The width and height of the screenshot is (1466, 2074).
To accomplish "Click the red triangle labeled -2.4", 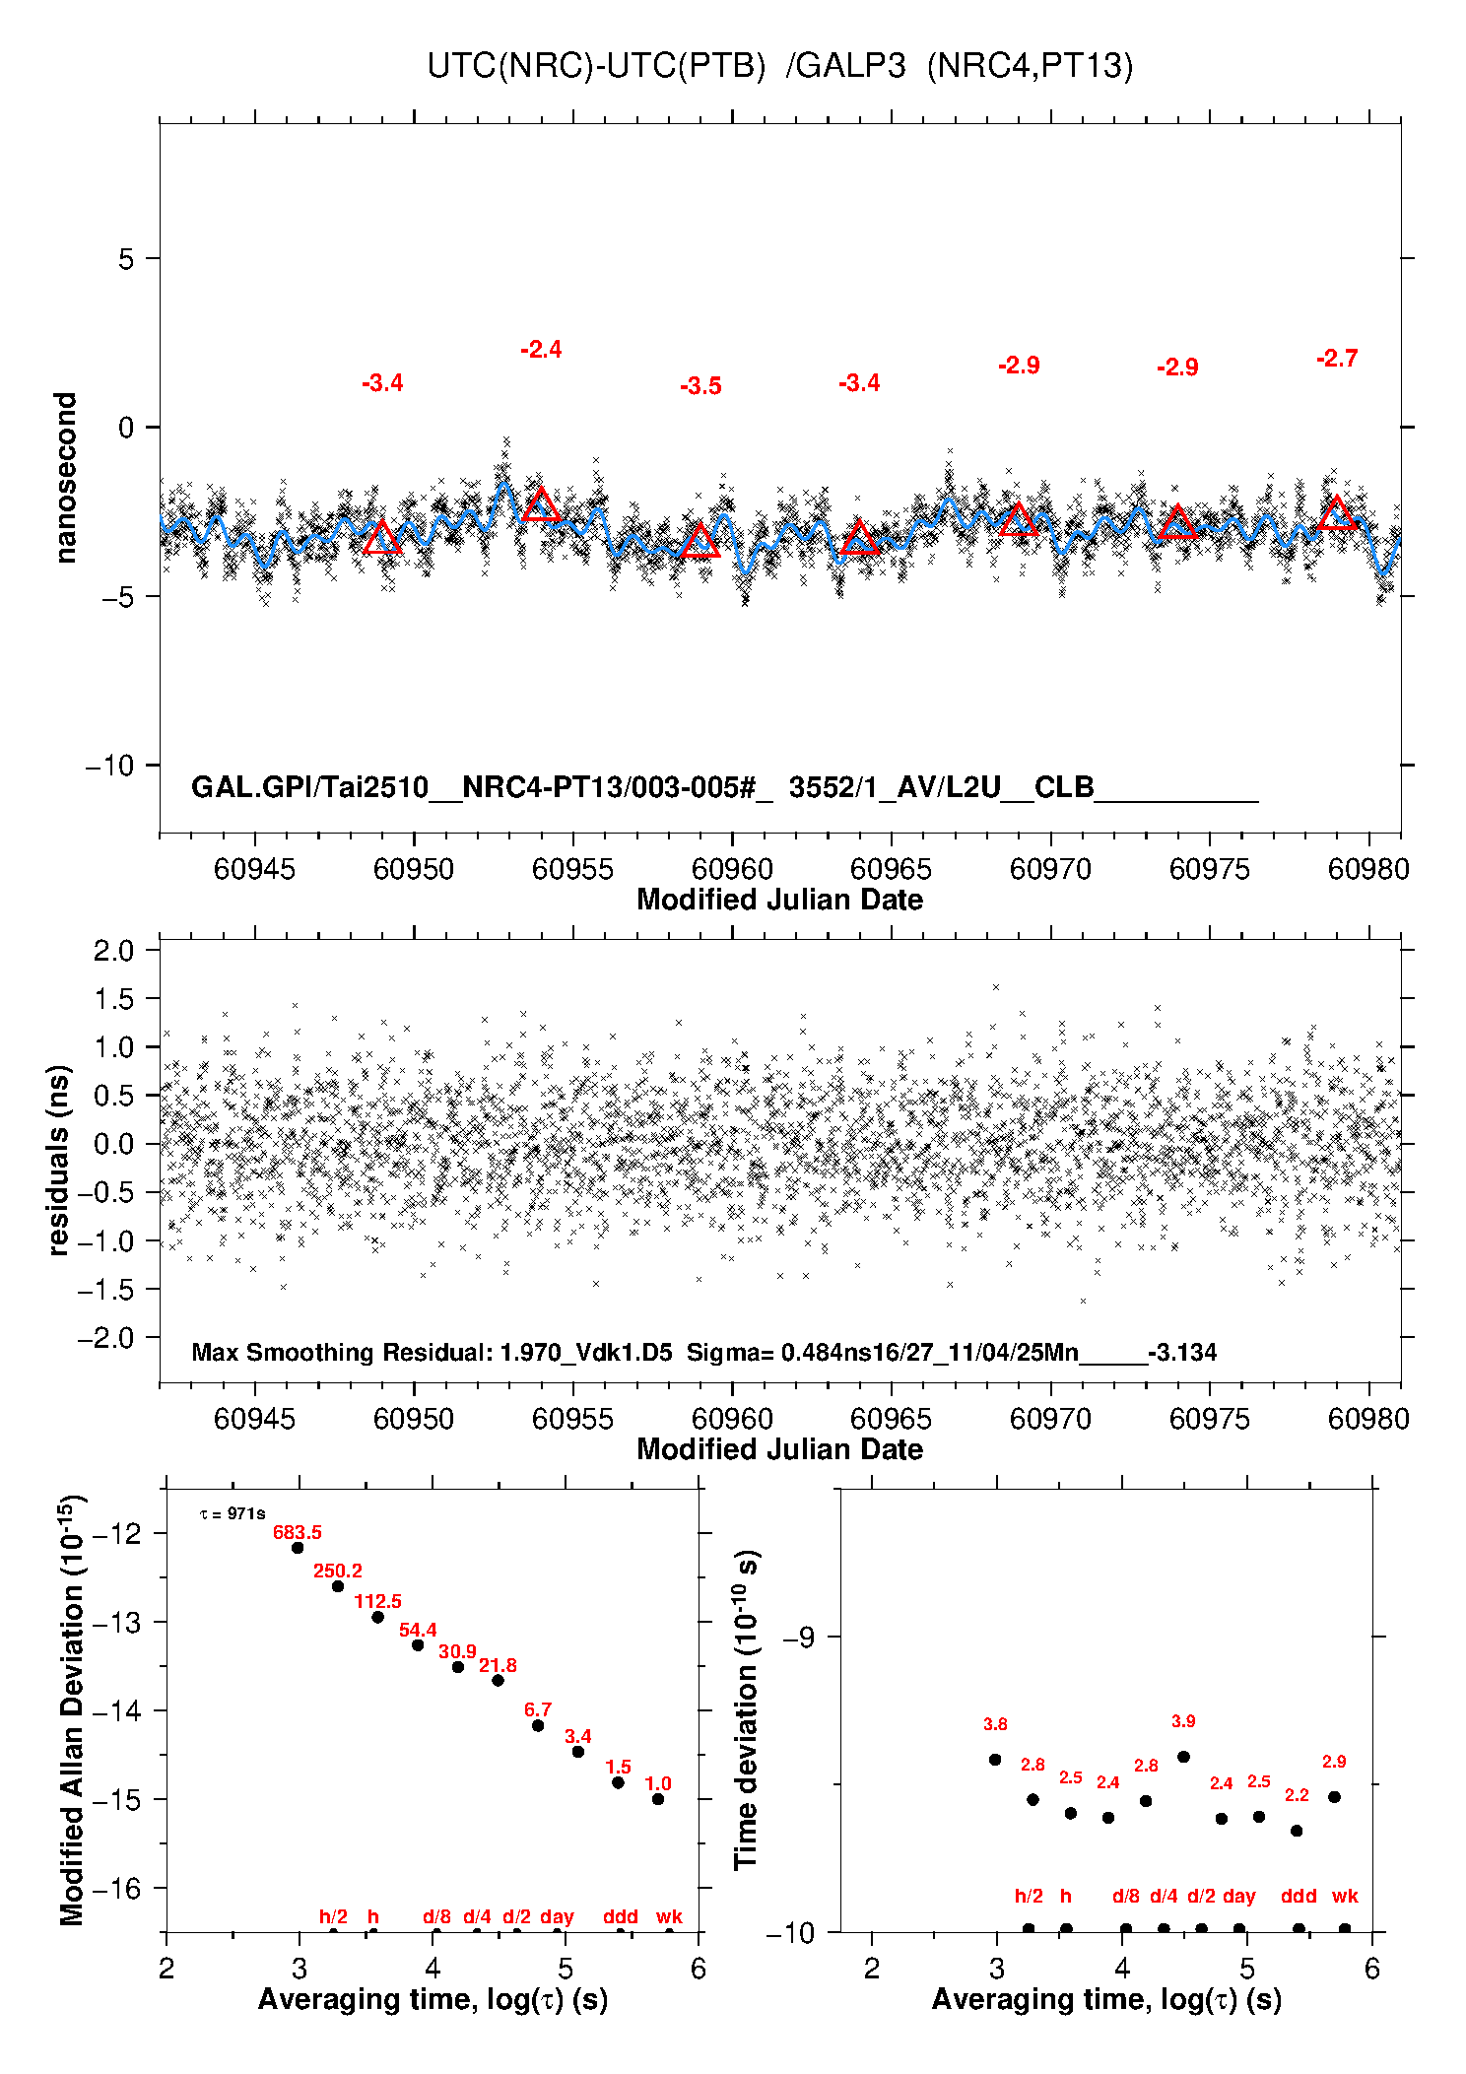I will coord(541,505).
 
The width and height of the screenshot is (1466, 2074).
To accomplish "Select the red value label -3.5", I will coord(700,386).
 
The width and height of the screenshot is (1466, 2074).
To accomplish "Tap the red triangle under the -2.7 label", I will coord(1337,514).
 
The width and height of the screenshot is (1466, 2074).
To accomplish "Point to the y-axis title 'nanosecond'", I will coord(65,478).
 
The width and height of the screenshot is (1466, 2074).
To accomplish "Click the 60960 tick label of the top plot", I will coord(732,869).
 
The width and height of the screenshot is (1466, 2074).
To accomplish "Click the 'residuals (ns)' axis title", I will coord(59,1160).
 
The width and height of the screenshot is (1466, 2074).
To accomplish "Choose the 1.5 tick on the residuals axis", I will coord(113,999).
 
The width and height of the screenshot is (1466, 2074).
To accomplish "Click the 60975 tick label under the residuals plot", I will coord(1209,1419).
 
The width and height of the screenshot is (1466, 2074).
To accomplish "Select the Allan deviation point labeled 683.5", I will coord(298,1547).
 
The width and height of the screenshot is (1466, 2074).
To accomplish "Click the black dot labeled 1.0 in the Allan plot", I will coord(658,1798).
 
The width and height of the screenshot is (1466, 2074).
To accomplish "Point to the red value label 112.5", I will coord(377,1601).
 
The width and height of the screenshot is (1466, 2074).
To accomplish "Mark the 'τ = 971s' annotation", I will coord(233,1513).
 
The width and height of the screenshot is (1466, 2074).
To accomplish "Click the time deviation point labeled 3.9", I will coord(1183,1756).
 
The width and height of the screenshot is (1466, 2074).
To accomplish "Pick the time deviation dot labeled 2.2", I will coord(1297,1830).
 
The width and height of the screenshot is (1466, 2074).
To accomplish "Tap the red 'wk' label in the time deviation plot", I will coord(1345,1895).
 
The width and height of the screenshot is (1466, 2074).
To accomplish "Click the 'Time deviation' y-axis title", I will coord(747,1709).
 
